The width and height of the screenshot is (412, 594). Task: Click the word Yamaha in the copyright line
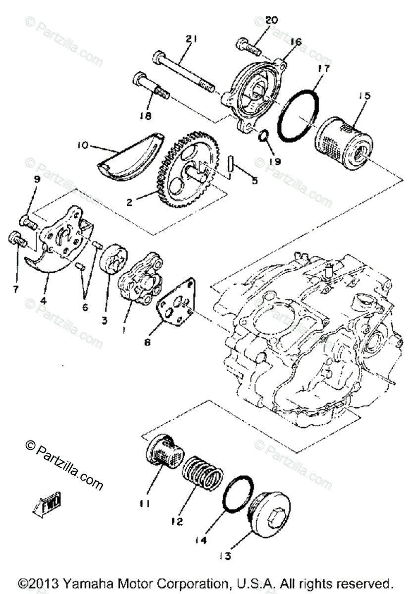77,583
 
